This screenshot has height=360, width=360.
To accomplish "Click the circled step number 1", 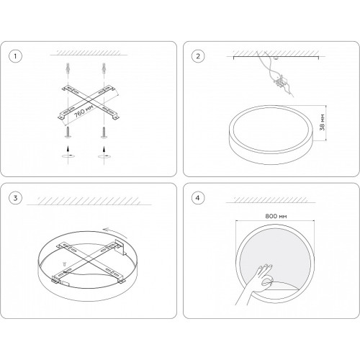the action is coord(15,56).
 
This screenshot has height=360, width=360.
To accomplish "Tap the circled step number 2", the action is coord(198,56).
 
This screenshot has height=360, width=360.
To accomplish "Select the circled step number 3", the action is coord(15,198).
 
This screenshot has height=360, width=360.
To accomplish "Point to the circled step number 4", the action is coord(198,198).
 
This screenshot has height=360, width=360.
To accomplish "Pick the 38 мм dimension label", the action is coord(323,122).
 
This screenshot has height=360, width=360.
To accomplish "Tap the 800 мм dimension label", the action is coord(276,216).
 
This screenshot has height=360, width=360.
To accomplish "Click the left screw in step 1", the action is coord(68,132).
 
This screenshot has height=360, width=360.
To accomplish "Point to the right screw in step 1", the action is coord(104,132).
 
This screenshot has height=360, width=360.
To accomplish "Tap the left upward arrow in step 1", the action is coord(68,149).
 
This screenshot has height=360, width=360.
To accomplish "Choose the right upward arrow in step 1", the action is coord(104,149).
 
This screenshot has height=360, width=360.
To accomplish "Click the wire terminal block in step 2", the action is coord(280,81).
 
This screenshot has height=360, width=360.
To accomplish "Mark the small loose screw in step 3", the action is coord(64,264).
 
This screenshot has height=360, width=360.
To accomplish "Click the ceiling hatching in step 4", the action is coord(271,199).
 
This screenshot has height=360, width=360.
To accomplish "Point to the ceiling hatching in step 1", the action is coord(89,53).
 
